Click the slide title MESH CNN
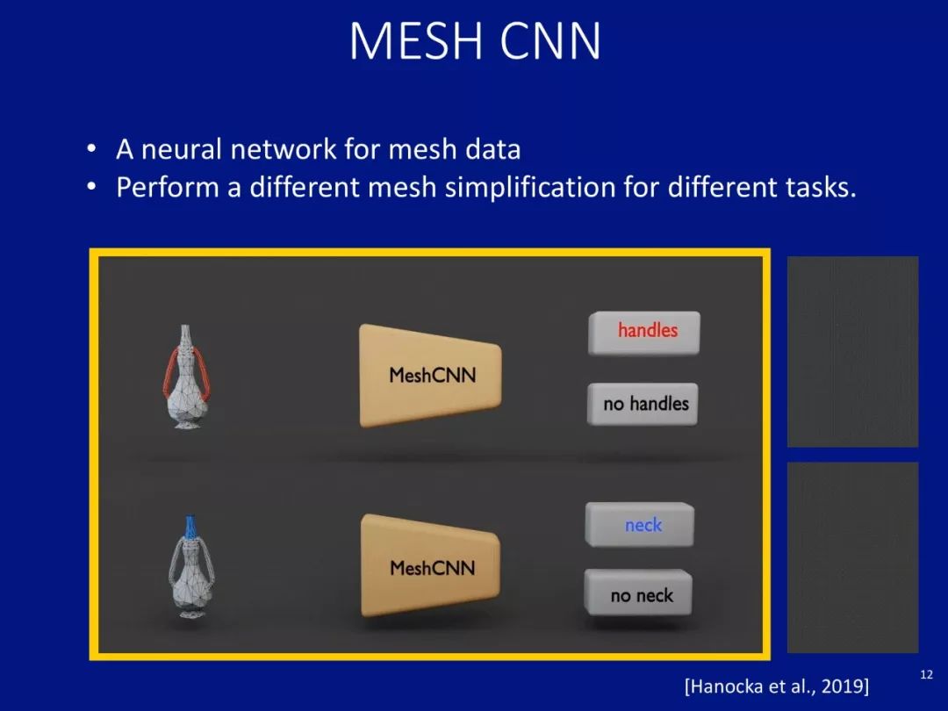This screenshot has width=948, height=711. [475, 41]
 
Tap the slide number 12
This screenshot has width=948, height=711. [925, 674]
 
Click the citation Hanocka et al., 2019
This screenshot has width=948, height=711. [776, 686]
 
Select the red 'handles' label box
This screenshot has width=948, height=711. [644, 332]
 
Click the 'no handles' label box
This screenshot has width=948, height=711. [643, 405]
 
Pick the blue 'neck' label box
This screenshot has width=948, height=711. [641, 525]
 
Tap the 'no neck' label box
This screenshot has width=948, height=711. [639, 595]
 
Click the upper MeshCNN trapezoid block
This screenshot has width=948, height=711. [430, 375]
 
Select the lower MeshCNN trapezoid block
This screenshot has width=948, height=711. [430, 567]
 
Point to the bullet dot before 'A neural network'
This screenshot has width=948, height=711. [90, 150]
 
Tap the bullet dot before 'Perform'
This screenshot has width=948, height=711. [90, 188]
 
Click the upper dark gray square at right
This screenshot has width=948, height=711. [852, 351]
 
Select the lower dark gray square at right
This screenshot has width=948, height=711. [852, 557]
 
